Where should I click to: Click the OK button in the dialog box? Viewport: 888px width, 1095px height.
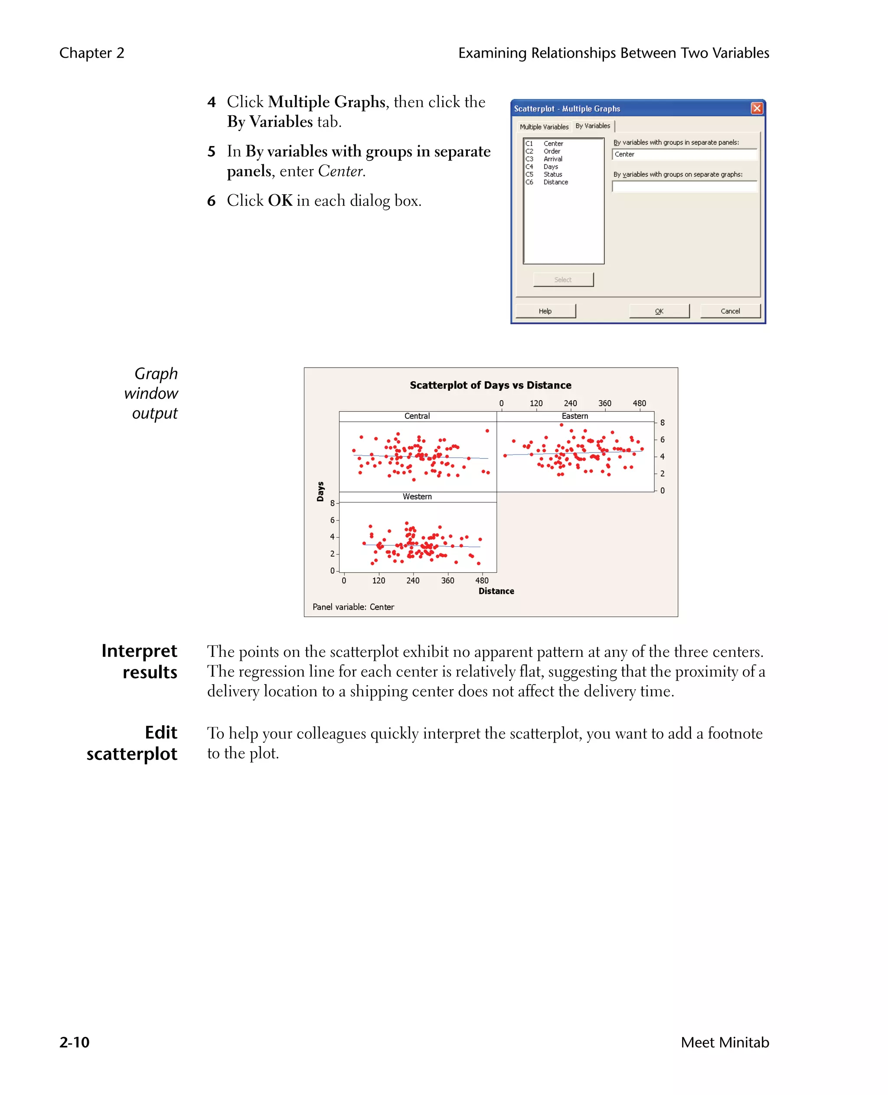click(659, 311)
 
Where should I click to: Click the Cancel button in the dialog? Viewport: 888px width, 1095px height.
click(730, 311)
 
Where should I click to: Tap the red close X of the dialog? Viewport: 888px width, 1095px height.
click(757, 108)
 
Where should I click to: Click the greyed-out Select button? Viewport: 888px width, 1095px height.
click(563, 280)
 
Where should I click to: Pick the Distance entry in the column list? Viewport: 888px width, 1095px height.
click(555, 182)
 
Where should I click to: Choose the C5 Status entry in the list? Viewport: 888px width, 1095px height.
click(552, 174)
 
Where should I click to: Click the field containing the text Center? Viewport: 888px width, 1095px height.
click(684, 154)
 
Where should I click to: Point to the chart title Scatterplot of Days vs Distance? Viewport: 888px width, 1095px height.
click(490, 385)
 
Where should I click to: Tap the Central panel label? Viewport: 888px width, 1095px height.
click(417, 416)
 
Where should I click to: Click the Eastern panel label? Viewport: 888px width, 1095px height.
click(575, 416)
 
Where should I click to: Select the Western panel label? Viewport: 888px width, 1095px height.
click(417, 497)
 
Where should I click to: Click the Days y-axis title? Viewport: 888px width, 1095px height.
click(320, 492)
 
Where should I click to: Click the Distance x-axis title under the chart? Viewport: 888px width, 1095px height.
click(496, 591)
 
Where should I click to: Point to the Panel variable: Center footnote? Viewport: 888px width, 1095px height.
click(353, 607)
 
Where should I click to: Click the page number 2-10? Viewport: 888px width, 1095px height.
click(75, 1042)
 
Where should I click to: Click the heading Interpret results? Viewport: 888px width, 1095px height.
click(139, 662)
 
